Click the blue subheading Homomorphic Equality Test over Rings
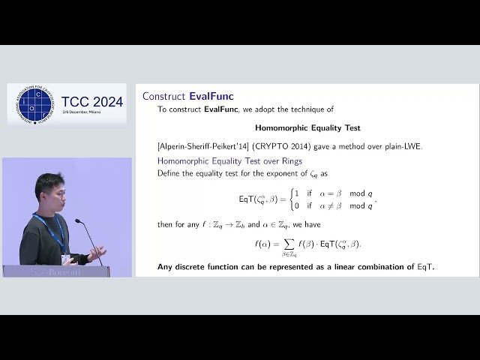229,160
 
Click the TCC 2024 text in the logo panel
92,102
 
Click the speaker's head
49,191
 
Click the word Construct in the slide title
164,96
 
